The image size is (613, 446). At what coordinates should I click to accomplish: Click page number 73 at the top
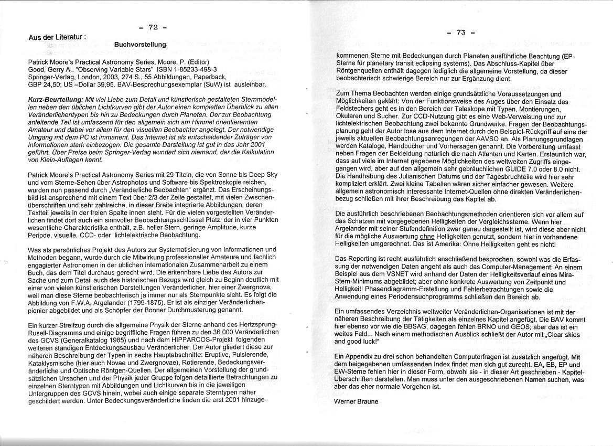(x=461, y=33)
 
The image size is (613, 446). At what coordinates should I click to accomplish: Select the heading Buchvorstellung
(x=140, y=45)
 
